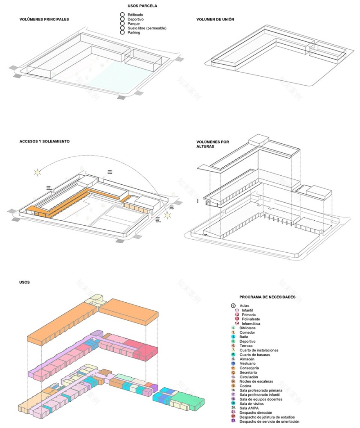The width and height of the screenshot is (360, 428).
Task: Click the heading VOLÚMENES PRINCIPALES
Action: coord(44,19)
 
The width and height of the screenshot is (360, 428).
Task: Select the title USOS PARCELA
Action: coord(142,6)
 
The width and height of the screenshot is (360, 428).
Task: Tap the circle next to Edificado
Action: coord(122,15)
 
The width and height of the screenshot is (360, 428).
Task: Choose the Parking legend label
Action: coord(134,33)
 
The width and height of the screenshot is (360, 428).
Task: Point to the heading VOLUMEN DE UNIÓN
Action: coord(215,19)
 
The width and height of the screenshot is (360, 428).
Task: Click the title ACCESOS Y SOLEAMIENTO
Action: coord(44,141)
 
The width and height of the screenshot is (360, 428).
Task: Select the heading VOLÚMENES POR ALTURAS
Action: coord(212,145)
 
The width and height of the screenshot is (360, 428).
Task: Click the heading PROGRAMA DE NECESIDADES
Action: coord(267,297)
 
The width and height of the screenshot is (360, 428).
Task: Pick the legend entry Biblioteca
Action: coord(248,328)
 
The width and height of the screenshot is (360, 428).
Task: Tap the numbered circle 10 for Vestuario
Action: coord(233,363)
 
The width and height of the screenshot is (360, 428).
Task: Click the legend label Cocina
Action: coord(246,385)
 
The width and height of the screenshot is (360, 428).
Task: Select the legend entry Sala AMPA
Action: coord(249,408)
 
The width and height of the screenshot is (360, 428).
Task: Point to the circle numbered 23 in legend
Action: coord(233,421)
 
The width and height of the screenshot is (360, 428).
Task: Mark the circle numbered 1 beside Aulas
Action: coord(233,306)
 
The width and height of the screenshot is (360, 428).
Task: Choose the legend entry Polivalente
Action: coord(251,319)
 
